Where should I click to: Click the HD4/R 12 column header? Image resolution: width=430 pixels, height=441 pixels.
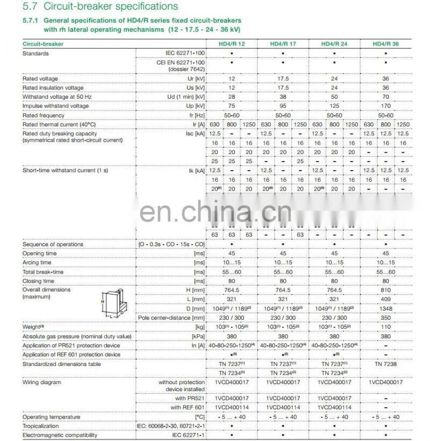[x=232, y=43]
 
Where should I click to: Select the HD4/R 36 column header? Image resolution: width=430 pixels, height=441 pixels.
[x=385, y=43]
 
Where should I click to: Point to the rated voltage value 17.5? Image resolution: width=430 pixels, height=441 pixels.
[x=283, y=78]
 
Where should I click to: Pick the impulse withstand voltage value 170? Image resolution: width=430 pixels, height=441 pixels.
[x=385, y=106]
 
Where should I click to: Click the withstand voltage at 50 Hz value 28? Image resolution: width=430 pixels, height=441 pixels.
[x=232, y=97]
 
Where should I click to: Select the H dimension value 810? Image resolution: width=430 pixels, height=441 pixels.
[x=385, y=290]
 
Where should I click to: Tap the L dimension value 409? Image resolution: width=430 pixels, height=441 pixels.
[x=385, y=299]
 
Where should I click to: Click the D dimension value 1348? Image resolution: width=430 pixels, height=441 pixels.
[x=385, y=309]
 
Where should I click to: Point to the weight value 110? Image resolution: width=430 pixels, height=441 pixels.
[x=385, y=327]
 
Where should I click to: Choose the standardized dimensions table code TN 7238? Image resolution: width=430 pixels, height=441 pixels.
[x=385, y=364]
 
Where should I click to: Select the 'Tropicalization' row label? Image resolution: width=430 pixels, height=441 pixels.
[x=41, y=426]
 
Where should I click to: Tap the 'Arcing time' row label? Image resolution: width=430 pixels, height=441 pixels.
[x=37, y=262]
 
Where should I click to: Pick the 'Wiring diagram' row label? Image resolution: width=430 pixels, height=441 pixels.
[x=42, y=383]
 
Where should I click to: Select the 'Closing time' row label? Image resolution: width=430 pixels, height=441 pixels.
[x=38, y=281]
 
